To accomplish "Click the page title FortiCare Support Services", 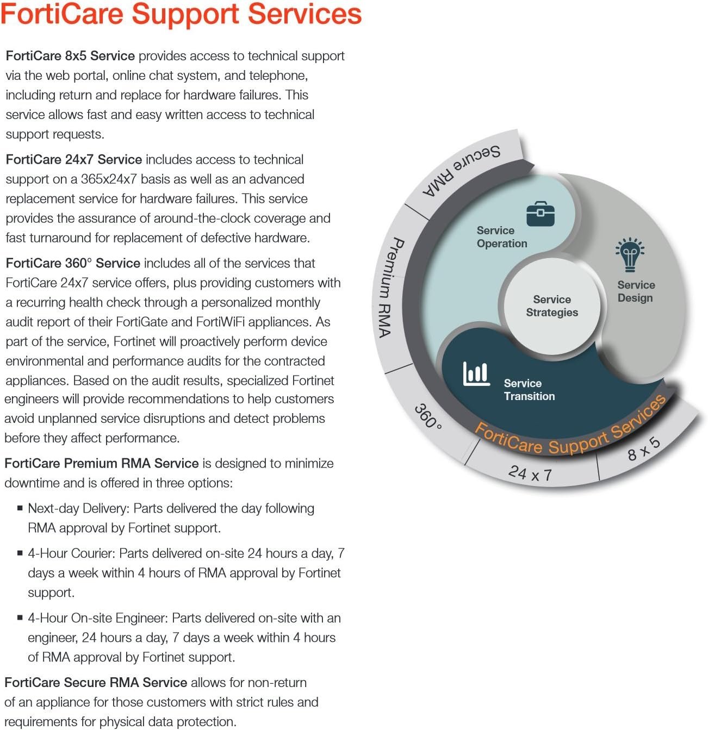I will tap(181, 14).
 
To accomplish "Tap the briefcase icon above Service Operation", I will tap(540, 214).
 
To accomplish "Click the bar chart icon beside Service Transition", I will tap(476, 374).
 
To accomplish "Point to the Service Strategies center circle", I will tap(552, 306).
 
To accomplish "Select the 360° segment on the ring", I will tap(428, 415).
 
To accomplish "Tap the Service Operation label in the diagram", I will tap(501, 237).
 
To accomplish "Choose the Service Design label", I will tap(636, 291).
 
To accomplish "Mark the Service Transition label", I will tap(529, 390).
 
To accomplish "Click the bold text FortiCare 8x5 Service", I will tap(70, 56).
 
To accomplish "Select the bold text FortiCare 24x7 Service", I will tap(74, 160).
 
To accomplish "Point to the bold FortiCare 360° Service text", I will tap(73, 264).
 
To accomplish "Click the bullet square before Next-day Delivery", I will tap(20, 508).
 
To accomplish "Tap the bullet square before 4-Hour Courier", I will tap(20, 553).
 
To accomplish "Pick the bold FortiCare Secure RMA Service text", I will tap(96, 683).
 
